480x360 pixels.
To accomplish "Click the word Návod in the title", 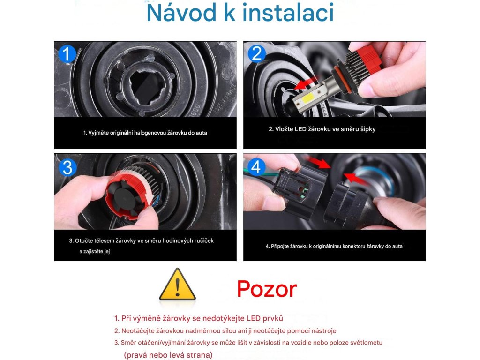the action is pos(181,13).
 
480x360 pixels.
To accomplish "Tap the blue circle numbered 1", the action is pos(67,54).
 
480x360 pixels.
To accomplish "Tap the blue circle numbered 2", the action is pos(256,53).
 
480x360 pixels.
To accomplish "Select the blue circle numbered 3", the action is pos(67,167).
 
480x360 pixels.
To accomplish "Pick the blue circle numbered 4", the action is pos(256,167).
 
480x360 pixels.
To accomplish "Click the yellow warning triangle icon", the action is pos(177,284).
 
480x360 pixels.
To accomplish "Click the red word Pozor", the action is pos(267,289).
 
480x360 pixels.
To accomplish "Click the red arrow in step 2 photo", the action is pos(306,82).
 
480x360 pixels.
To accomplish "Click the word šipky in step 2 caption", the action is pos(367,129).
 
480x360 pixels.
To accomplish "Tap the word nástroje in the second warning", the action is pos(324,331).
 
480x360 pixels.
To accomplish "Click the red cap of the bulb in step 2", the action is pos(369,58).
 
